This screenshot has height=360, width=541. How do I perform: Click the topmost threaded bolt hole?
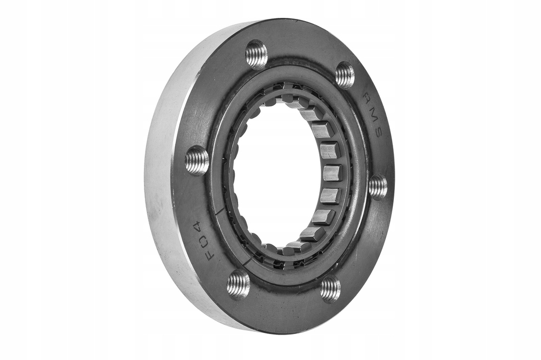(x=256, y=53)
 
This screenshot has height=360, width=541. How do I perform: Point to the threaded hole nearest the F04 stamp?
(x=238, y=280)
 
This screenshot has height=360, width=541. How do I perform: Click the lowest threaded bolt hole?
(x=331, y=288)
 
